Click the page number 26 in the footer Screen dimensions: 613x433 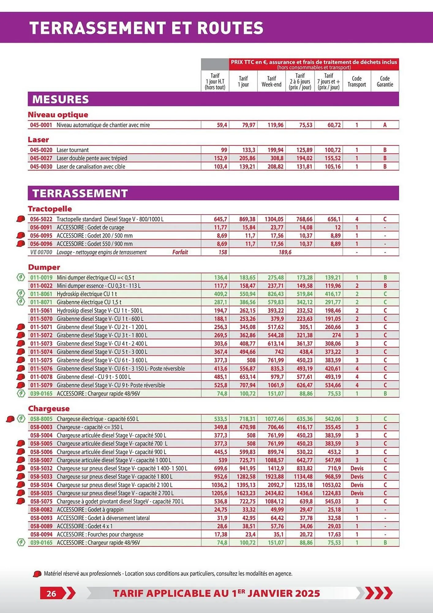point(51,593)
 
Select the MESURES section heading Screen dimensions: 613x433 point(61,99)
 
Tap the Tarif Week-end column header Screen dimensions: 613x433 point(271,82)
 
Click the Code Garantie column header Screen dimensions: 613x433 point(385,82)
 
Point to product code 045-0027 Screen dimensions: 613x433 point(41,158)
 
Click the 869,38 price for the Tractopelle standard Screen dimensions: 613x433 point(247,219)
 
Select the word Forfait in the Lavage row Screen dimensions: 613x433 point(180,252)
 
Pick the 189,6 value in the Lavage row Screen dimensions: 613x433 point(285,252)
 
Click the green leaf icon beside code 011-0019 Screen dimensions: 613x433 point(21,278)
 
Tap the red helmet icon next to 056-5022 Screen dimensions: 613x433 point(21,219)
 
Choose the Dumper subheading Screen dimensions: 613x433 point(44,267)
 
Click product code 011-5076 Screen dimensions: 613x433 point(41,368)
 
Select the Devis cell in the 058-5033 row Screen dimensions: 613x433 point(357,477)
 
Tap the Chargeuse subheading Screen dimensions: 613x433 point(49,409)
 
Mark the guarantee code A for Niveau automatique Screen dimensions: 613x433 point(385,125)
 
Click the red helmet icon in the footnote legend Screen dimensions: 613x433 point(37,574)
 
